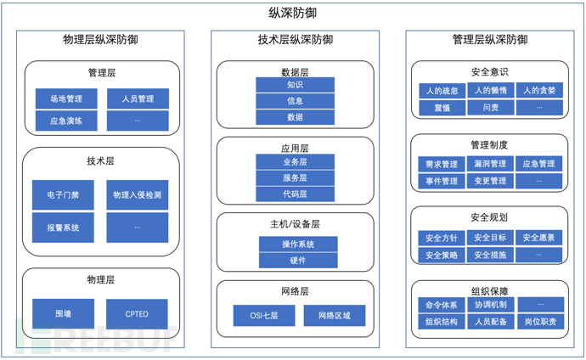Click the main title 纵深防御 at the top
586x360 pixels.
coord(293,13)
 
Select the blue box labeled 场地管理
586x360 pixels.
coord(65,98)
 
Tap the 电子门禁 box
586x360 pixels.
coord(63,195)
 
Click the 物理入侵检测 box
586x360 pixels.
coord(137,195)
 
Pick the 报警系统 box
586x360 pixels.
coord(63,227)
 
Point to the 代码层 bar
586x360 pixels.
coord(295,194)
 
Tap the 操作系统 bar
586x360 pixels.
coord(298,245)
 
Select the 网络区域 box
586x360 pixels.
coord(334,316)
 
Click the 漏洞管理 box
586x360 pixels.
coord(491,164)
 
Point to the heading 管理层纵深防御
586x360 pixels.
coord(490,40)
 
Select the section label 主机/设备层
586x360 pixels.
coord(295,224)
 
